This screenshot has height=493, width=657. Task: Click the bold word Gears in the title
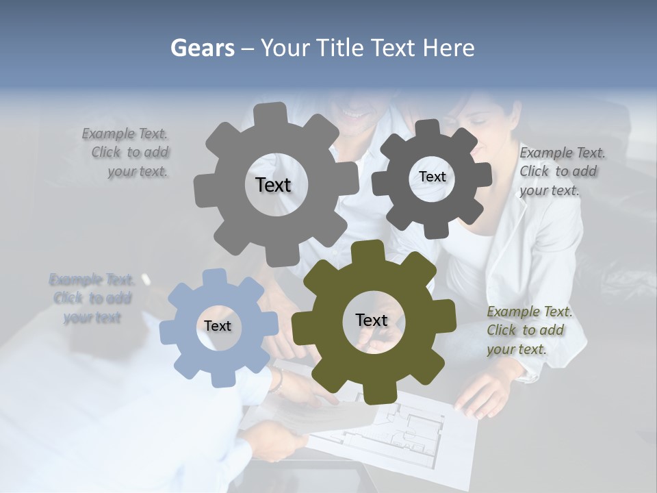pyautogui.click(x=202, y=48)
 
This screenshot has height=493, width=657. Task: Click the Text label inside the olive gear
pyautogui.click(x=372, y=320)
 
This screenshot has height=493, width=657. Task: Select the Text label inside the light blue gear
pyautogui.click(x=218, y=326)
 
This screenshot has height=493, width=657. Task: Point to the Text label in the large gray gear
pyautogui.click(x=273, y=185)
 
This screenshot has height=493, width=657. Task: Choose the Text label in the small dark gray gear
pyautogui.click(x=432, y=177)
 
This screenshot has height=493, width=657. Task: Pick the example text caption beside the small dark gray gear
pyautogui.click(x=561, y=171)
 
